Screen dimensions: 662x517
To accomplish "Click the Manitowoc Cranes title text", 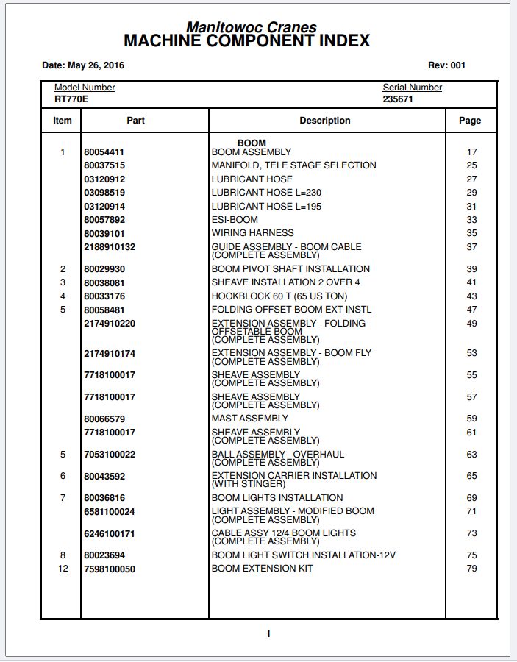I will [x=251, y=27].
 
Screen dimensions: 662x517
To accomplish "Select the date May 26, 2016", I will [x=83, y=65].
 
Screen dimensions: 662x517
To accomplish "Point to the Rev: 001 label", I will [x=446, y=65].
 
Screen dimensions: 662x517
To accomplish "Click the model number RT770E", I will [x=71, y=99].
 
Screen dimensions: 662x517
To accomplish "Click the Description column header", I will [x=324, y=121].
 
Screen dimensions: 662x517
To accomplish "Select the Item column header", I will [x=63, y=121].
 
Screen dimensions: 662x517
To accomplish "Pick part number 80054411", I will [x=104, y=152].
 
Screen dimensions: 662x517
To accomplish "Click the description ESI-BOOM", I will [x=235, y=220].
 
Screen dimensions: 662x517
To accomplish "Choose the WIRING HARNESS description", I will [x=252, y=233].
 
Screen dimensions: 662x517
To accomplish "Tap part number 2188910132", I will [x=110, y=247].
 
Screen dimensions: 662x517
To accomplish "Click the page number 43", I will [x=471, y=296].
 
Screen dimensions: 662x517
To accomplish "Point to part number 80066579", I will [x=104, y=419].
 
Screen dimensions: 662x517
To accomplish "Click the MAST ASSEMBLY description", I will [x=250, y=419].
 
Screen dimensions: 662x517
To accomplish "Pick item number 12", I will [x=63, y=569].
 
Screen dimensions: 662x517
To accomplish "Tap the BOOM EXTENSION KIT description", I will [x=262, y=569].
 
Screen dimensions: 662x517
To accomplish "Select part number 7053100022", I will [x=110, y=455].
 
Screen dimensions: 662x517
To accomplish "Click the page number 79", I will [x=471, y=569].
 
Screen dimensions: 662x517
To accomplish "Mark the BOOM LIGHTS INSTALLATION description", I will [x=277, y=498].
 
